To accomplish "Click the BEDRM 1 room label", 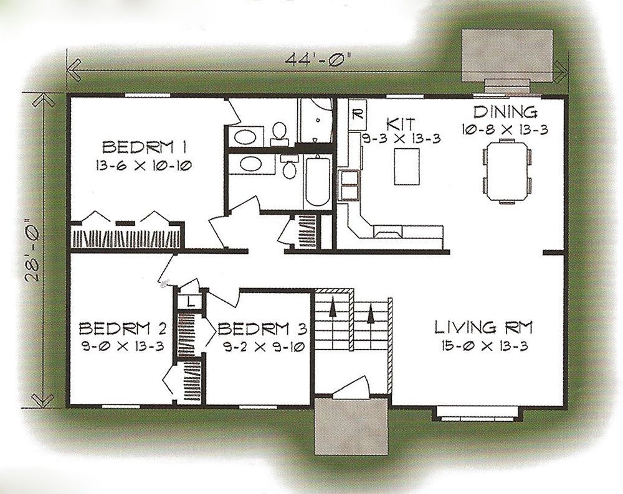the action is pos(145,147).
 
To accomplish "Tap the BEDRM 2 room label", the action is pos(123,329).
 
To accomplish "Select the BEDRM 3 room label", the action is pos(263,329).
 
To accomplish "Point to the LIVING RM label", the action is pos(483,328).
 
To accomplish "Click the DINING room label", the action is pos(505,112).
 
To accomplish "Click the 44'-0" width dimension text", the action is pos(319,58).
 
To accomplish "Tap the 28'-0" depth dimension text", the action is pos(34,248).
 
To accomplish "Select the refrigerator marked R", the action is pos(357,115).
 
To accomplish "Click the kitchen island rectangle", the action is pos(407,166).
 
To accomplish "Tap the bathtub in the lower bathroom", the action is pos(317,182).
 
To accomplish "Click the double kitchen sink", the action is pos(350,185).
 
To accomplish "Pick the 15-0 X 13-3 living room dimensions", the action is pos(484,346).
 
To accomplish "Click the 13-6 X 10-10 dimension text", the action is pos(143,165).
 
